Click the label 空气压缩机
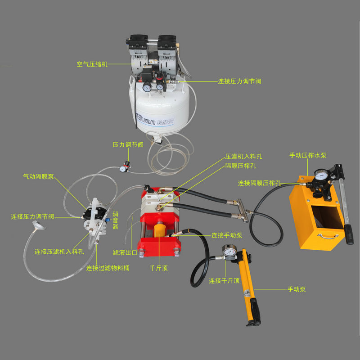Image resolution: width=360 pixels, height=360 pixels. point(92,64)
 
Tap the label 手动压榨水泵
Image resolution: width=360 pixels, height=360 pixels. point(308,155)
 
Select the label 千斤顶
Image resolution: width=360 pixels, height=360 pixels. point(159,268)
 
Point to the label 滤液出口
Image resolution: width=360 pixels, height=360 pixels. point(125,252)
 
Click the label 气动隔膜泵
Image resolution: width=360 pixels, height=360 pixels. point(39,176)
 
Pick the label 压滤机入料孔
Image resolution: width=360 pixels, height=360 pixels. point(243,157)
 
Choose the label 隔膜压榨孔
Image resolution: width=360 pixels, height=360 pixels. point(240,166)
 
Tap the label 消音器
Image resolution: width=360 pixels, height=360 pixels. point(115,220)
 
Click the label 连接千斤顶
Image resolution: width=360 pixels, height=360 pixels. point(224,280)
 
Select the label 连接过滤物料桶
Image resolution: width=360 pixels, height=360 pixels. point(108,268)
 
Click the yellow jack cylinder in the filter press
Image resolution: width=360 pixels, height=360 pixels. point(159,230)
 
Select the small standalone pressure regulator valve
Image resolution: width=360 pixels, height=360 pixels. point(125,167)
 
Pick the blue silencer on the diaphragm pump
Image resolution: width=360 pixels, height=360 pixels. point(108,220)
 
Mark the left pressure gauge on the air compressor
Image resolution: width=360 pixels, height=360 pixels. point(147,87)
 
